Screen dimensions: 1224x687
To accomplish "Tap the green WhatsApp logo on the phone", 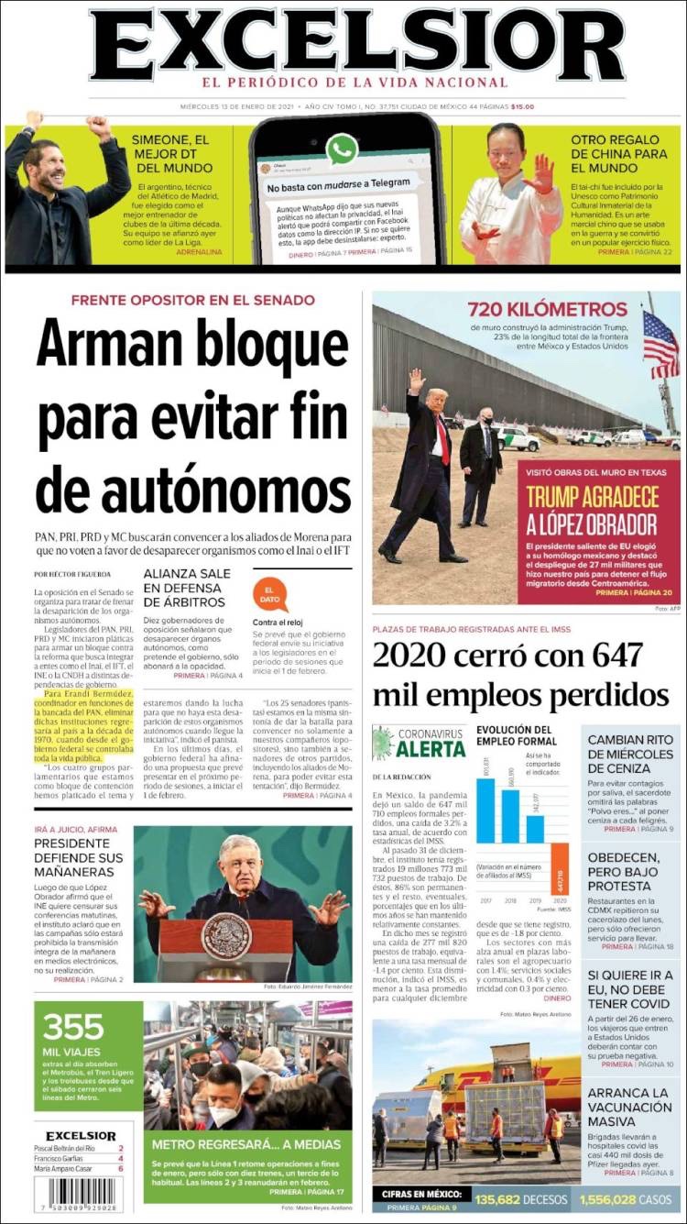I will [343, 149].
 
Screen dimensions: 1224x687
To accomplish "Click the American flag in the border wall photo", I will [660, 344].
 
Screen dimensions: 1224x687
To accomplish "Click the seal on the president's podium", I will [226, 936].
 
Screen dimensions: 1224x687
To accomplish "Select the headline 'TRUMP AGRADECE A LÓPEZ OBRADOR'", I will [592, 510].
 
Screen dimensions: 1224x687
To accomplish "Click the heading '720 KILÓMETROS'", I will [547, 309].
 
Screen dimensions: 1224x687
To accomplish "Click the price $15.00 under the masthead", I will [523, 106].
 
